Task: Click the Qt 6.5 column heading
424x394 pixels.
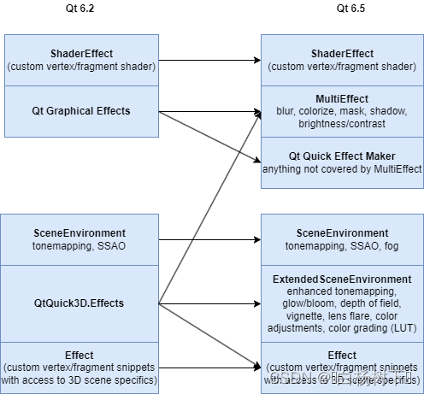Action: pyautogui.click(x=342, y=9)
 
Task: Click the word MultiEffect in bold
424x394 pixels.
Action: pyautogui.click(x=342, y=98)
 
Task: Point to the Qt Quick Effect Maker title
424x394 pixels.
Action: pyautogui.click(x=342, y=156)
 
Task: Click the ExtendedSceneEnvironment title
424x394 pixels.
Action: pyautogui.click(x=342, y=279)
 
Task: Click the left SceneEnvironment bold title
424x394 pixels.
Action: pyautogui.click(x=80, y=232)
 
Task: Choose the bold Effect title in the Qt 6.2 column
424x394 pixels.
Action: pyautogui.click(x=80, y=355)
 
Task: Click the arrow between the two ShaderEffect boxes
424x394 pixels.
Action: pyautogui.click(x=209, y=61)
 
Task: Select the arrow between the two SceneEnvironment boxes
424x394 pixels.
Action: pyautogui.click(x=209, y=241)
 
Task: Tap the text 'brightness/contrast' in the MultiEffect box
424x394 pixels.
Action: pyautogui.click(x=342, y=124)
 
